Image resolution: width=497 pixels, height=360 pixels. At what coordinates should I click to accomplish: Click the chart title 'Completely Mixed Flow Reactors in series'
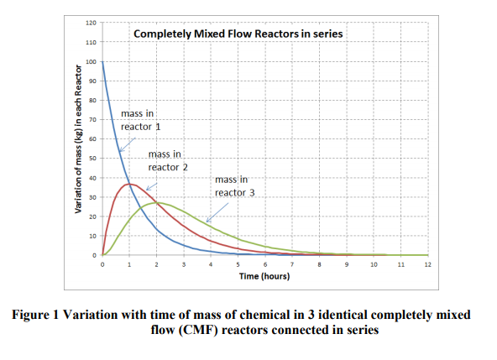point(239,34)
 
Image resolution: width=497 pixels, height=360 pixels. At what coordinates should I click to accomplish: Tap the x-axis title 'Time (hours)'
point(264,275)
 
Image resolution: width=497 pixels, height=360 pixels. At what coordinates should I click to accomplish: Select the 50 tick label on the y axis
point(92,158)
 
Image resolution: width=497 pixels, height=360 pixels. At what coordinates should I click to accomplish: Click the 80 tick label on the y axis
point(92,101)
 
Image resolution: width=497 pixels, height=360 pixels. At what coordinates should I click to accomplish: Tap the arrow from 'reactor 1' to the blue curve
point(128,142)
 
